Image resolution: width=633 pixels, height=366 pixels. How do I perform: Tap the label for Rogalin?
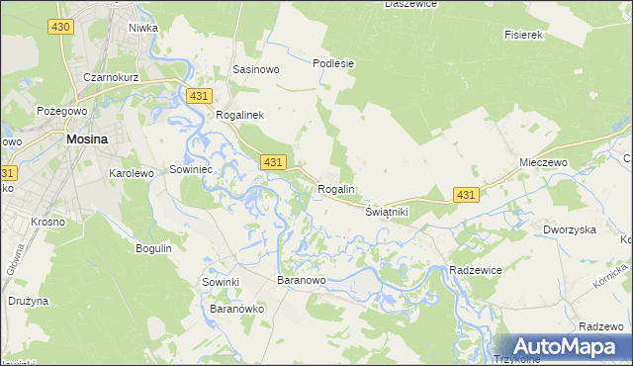[x=336, y=189]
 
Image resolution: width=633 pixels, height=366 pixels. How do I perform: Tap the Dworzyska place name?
[x=569, y=229]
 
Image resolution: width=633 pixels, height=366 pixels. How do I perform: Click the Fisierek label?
[x=525, y=35]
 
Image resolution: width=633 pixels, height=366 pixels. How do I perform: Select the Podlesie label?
[x=333, y=63]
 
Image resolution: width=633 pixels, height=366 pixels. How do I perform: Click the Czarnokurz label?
[x=111, y=76]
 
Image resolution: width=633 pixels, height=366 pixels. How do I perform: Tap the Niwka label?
[x=143, y=28]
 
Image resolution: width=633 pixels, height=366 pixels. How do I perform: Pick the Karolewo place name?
[x=131, y=172]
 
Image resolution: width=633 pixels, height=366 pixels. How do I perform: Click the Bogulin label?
[x=153, y=248]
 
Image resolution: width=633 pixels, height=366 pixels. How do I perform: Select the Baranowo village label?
[x=302, y=282]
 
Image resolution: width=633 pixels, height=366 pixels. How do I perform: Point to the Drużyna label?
[x=30, y=300]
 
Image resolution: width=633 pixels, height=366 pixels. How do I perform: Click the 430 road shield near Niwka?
[x=60, y=27]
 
